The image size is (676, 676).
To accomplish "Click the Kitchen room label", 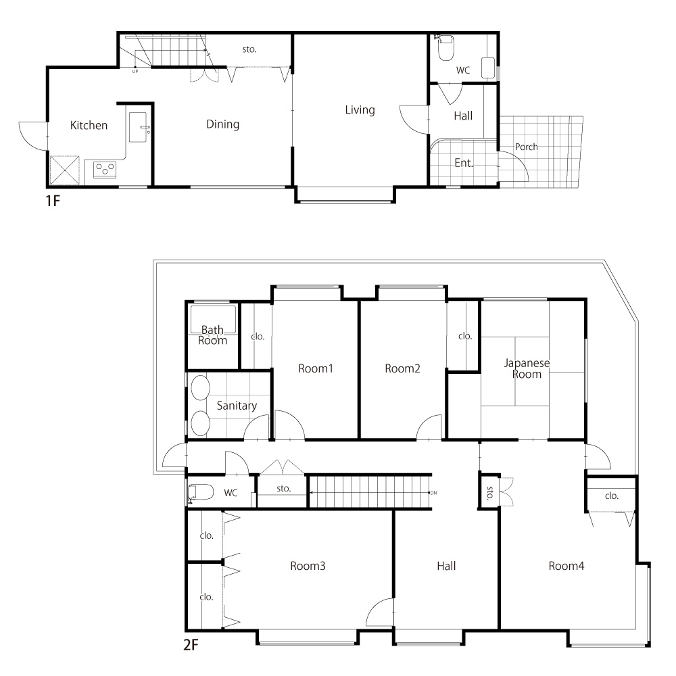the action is pyautogui.click(x=89, y=126).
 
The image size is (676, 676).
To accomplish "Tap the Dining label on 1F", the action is pyautogui.click(x=222, y=124).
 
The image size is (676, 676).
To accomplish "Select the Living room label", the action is pyautogui.click(x=360, y=110).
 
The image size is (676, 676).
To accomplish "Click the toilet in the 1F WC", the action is pyautogui.click(x=445, y=47).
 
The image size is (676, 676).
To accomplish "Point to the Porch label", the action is pyautogui.click(x=527, y=147).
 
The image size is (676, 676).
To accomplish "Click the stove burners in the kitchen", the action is pyautogui.click(x=105, y=170).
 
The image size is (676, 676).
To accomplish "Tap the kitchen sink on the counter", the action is pyautogui.click(x=138, y=127).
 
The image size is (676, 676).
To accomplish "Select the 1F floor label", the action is pyautogui.click(x=53, y=201).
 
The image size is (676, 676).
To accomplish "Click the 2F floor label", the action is pyautogui.click(x=191, y=645).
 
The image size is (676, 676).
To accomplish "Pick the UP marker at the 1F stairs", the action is pyautogui.click(x=135, y=72).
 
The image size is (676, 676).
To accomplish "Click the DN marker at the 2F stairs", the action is pyautogui.click(x=433, y=493).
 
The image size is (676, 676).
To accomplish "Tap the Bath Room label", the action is pyautogui.click(x=212, y=335).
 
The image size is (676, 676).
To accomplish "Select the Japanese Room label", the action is pyautogui.click(x=527, y=368).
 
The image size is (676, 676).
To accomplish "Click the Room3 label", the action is pyautogui.click(x=308, y=566).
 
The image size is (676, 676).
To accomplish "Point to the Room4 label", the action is pyautogui.click(x=566, y=566).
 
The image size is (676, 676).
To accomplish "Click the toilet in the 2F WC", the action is pyautogui.click(x=201, y=493).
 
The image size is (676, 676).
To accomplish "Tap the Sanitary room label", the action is pyautogui.click(x=237, y=406).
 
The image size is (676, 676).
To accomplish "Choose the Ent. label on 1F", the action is pyautogui.click(x=464, y=163).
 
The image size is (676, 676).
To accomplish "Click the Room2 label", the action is pyautogui.click(x=402, y=368).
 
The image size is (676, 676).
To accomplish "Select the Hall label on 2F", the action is pyautogui.click(x=446, y=566).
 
